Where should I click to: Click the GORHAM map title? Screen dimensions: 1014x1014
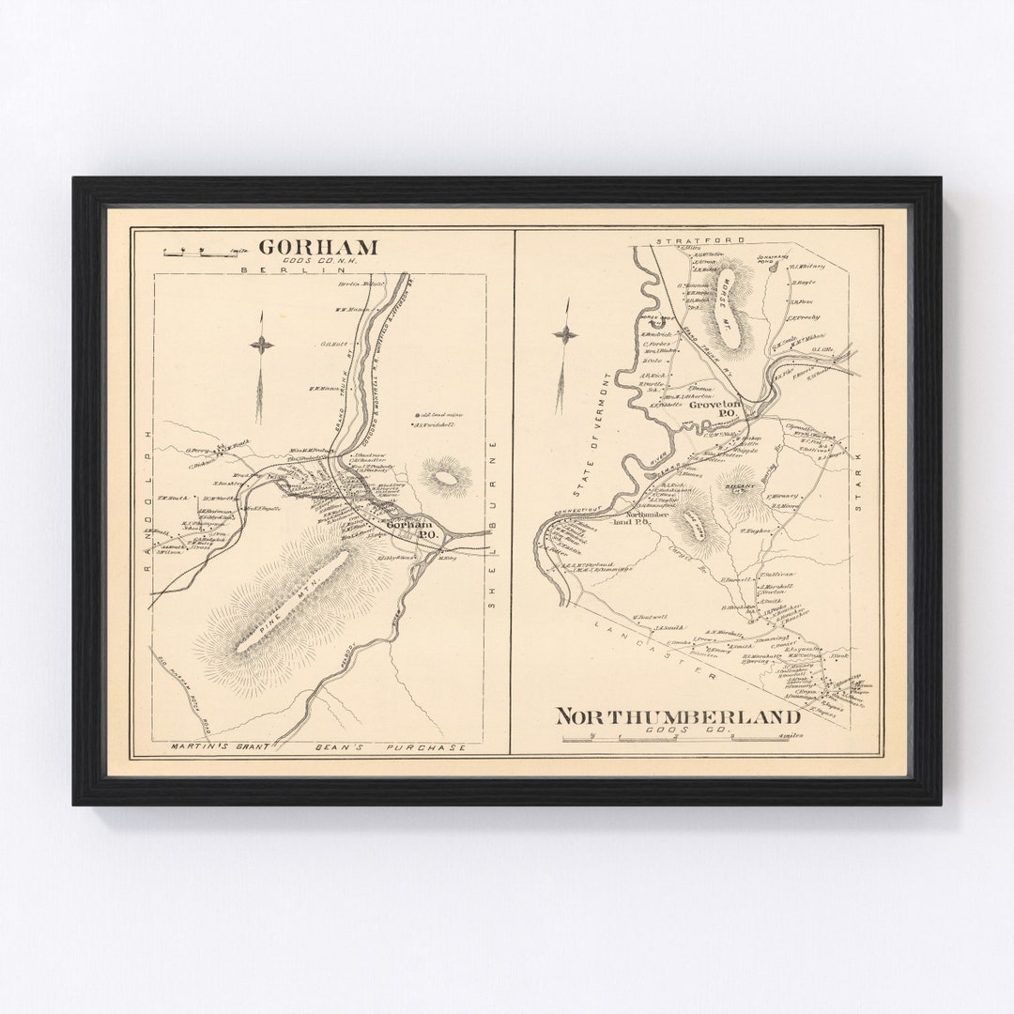pos(318,247)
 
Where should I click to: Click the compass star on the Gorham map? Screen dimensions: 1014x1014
pos(261,345)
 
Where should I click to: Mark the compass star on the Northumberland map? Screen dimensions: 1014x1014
pos(565,334)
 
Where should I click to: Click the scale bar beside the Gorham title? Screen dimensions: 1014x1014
pos(200,252)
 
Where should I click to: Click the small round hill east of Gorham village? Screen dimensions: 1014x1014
pos(446,477)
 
